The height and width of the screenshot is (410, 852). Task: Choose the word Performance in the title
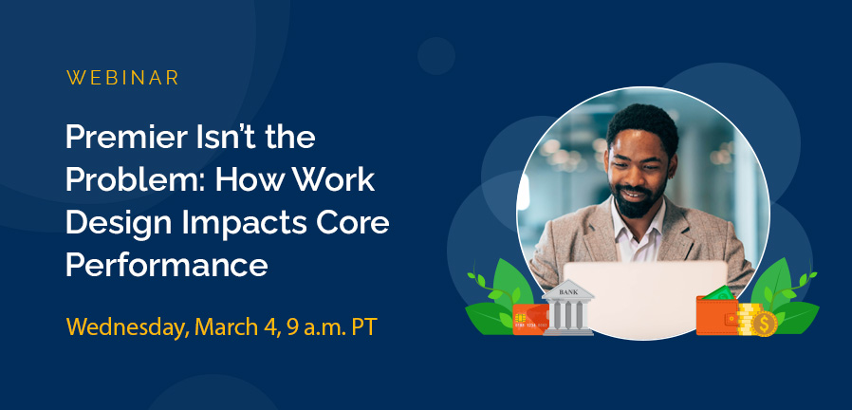pyautogui.click(x=166, y=266)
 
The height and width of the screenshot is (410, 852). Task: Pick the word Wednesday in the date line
pyautogui.click(x=127, y=327)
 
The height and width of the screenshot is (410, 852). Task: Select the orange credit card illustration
pyautogui.click(x=528, y=319)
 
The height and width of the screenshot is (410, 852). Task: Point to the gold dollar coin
pyautogui.click(x=764, y=324)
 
